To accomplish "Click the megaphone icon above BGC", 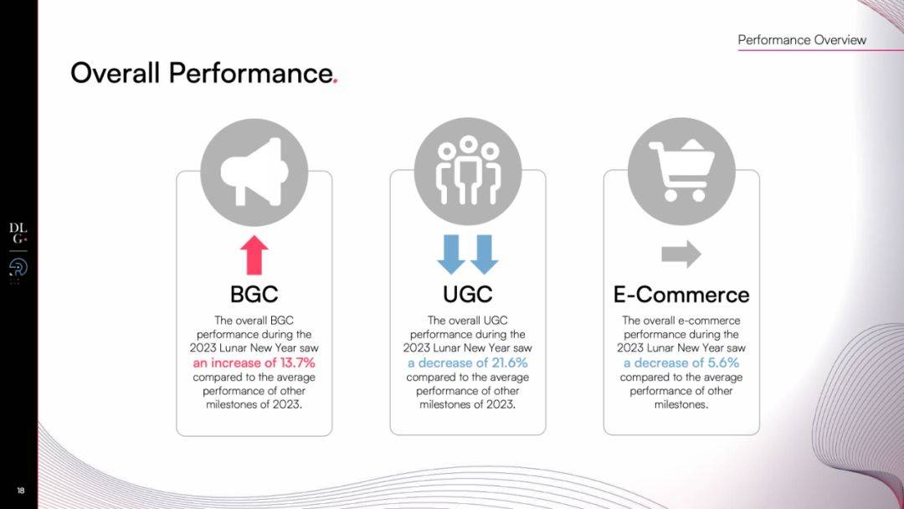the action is pos(254,172).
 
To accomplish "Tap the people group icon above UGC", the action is pos(468,171).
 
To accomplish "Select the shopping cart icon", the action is pos(682,171).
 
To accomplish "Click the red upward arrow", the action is pos(254,254).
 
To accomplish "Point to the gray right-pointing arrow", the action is pos(681,254).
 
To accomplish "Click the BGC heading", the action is pos(254,295).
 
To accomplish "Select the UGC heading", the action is pos(468,295).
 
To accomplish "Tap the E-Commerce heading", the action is pos(681,295).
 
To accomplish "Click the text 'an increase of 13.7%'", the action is pos(254,362).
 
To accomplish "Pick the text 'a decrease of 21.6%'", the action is pos(468,362).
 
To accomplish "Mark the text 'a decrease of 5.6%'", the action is pos(681,362).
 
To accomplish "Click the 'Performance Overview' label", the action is pos(802,40).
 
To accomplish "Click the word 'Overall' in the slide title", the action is pos(115,73).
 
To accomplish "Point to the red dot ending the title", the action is pos(335,82).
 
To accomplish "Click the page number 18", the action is pos(21,491).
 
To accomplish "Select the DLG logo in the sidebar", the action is pos(18,234).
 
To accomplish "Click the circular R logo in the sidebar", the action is pos(18,268).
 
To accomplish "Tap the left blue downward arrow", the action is pos(451,254).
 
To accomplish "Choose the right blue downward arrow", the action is pos(485,254).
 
